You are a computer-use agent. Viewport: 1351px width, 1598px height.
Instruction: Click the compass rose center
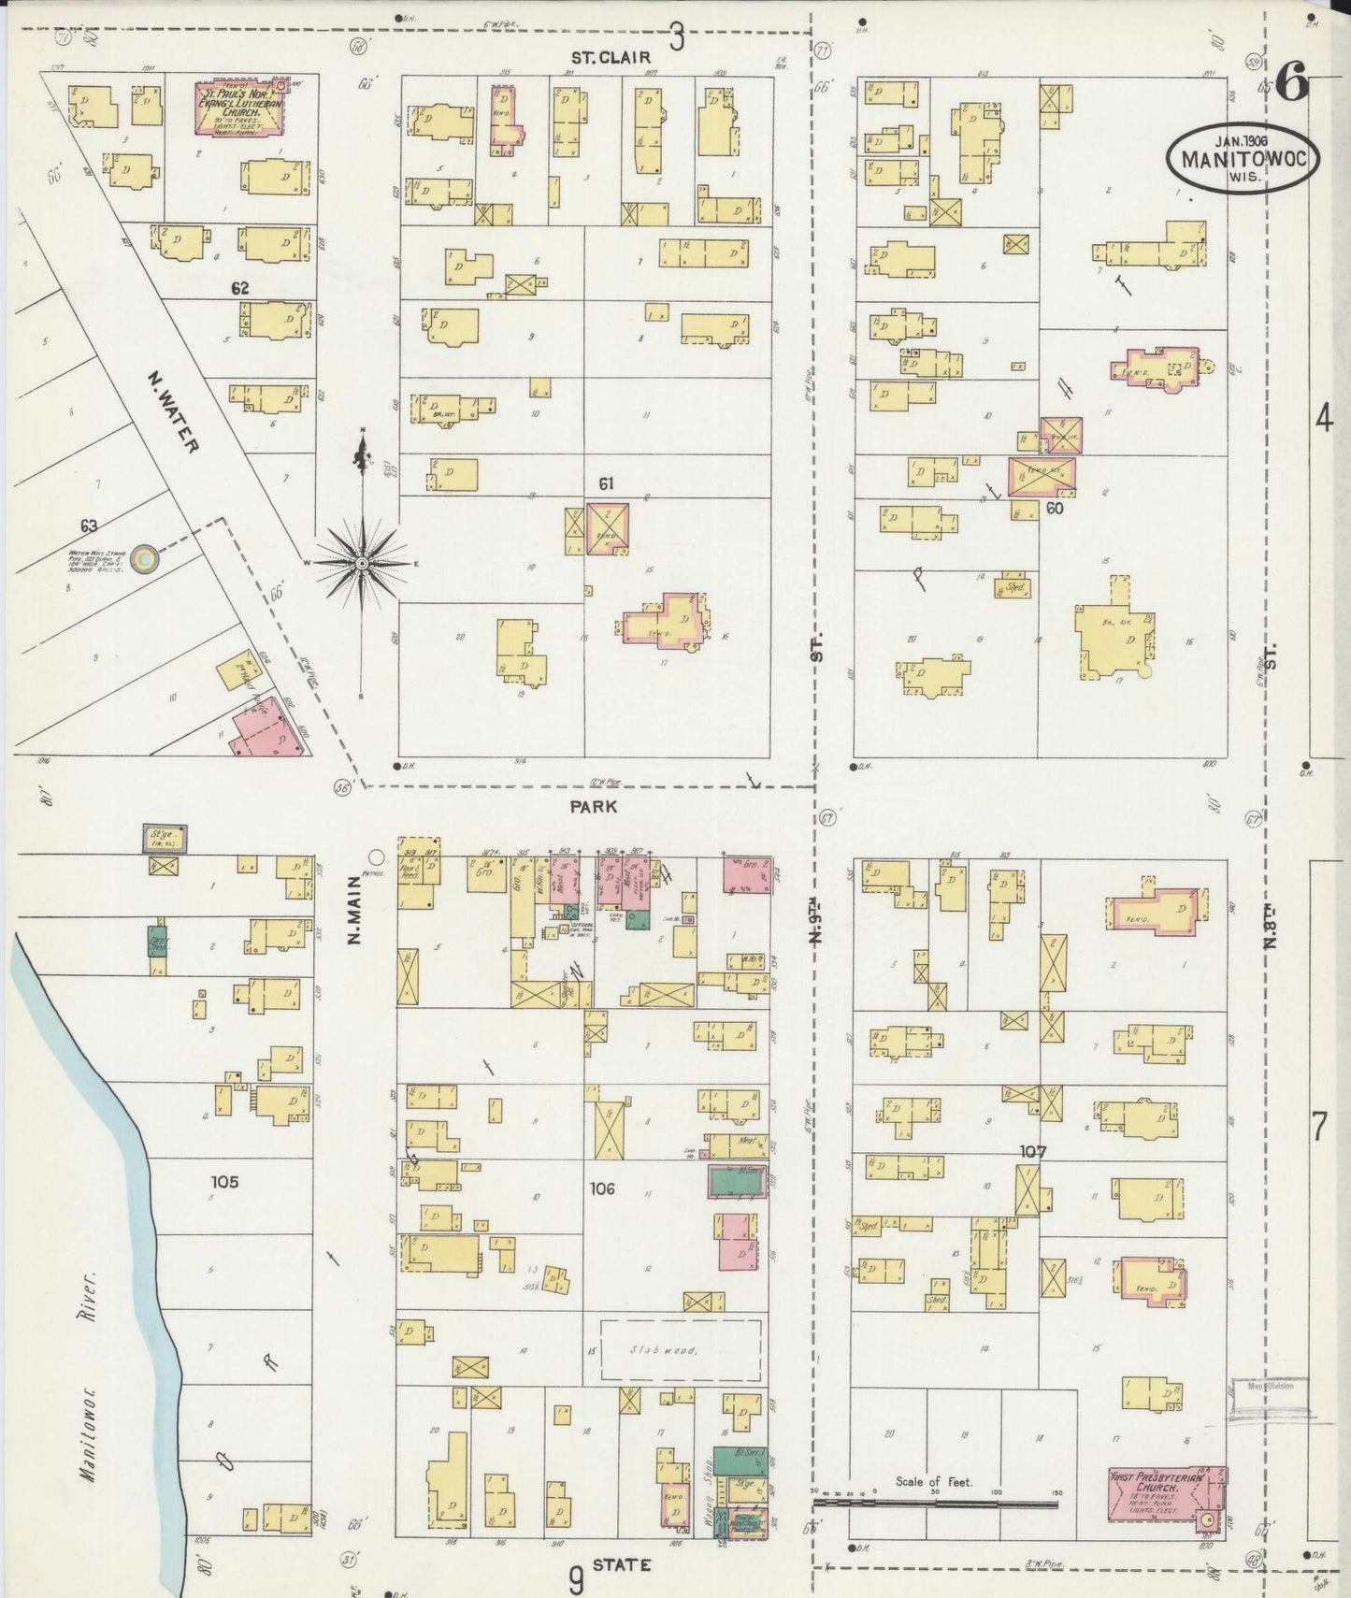point(362,564)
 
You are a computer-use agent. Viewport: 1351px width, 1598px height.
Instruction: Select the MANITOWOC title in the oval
point(1243,158)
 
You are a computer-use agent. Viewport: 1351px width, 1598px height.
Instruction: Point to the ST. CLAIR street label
point(611,58)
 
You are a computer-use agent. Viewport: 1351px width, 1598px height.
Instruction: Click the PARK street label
point(594,805)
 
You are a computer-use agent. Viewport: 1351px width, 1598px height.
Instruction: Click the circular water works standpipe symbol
point(145,559)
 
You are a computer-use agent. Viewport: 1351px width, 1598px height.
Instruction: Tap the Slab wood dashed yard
point(680,1351)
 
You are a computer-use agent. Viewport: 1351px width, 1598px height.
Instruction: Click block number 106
point(602,1188)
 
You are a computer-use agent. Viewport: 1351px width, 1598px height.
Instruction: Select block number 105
point(225,1182)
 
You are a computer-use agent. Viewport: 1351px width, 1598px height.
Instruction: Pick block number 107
point(1034,1151)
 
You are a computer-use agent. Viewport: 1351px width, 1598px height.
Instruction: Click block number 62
point(240,289)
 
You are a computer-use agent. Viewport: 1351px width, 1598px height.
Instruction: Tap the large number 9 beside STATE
point(577,1579)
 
